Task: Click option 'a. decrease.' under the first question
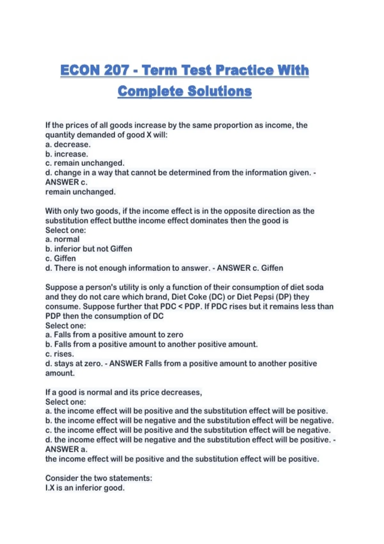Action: [x=68, y=144]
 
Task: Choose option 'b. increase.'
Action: [x=67, y=154]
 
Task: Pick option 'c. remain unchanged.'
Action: [x=85, y=163]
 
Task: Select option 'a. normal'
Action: [x=62, y=239]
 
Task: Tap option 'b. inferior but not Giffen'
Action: [x=89, y=249]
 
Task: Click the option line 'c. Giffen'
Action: [x=61, y=259]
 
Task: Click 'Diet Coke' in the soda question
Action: [x=189, y=297]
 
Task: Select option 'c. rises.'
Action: [x=60, y=354]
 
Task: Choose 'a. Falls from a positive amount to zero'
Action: [x=114, y=335]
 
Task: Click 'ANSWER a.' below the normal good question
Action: [x=66, y=449]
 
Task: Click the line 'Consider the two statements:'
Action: [x=99, y=478]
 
